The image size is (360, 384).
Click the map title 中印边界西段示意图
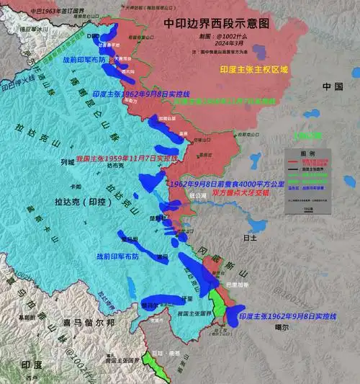[216, 23]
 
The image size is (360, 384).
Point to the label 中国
[334, 87]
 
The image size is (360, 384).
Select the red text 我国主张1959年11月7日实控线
[127, 156]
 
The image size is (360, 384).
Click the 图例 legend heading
[307, 154]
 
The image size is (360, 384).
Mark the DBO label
[92, 35]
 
